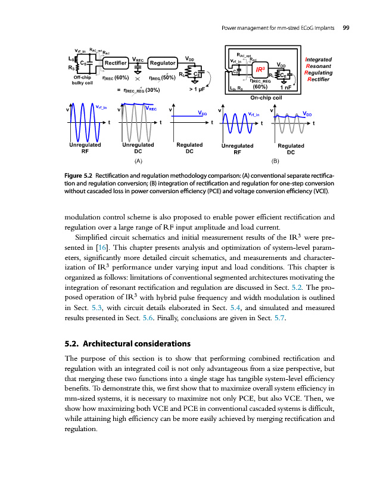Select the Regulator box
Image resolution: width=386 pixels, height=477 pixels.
162,63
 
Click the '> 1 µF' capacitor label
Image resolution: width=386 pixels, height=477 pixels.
197,90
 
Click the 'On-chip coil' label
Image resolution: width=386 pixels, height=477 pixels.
266,97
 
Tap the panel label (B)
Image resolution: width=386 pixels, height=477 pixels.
275,161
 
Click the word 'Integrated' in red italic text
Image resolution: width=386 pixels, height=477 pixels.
317,60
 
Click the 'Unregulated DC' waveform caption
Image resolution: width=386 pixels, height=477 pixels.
137,148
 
